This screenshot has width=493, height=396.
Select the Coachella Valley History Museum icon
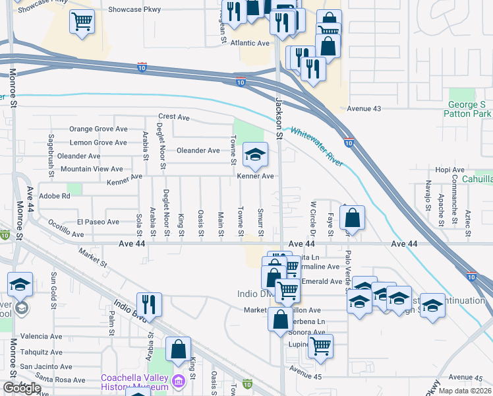pyautogui.click(x=178, y=381)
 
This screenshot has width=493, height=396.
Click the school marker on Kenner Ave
pyautogui.click(x=255, y=155)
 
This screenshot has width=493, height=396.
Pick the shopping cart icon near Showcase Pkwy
pyautogui.click(x=82, y=22)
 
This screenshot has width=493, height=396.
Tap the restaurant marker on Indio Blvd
pyautogui.click(x=150, y=304)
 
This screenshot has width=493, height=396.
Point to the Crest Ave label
pyautogui.click(x=174, y=117)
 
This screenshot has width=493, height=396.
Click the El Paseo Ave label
pyautogui.click(x=98, y=222)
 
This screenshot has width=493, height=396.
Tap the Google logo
pyautogui.click(x=22, y=388)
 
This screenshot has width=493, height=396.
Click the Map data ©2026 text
pyautogui.click(x=465, y=391)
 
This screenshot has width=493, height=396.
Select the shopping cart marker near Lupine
pyautogui.click(x=320, y=345)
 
